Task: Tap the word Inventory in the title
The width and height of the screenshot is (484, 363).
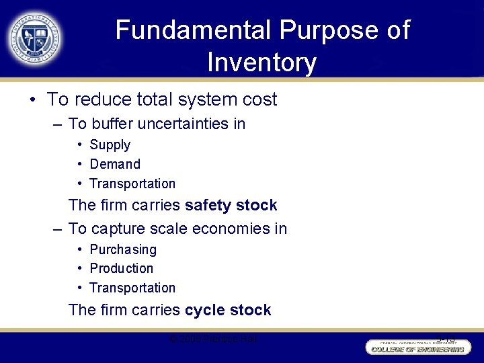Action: pos(261,63)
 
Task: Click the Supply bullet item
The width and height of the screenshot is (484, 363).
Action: pos(110,145)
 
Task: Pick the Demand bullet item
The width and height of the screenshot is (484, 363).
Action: pos(115,164)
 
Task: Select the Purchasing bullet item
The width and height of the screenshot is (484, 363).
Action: pos(123,249)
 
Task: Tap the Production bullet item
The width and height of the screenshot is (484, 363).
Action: pos(122,268)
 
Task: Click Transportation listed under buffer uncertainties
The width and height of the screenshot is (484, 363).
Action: pos(132,184)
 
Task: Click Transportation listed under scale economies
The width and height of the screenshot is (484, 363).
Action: pos(132,288)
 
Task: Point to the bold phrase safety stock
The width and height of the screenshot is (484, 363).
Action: pos(231,205)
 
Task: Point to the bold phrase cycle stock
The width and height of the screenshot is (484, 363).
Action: pos(228,310)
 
